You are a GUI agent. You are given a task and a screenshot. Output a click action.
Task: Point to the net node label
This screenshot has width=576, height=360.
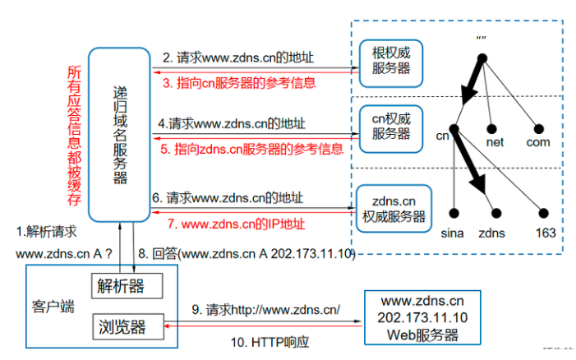tap(495, 142)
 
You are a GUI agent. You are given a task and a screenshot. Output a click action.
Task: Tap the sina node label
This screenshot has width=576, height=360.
tap(452, 233)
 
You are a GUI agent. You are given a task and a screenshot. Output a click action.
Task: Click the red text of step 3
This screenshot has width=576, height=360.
tap(238, 82)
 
